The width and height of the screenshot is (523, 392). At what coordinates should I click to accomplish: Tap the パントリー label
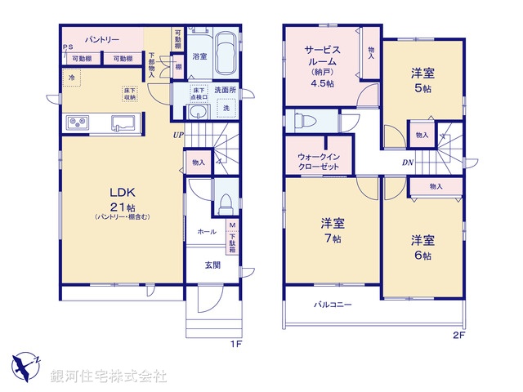[x=102, y=39]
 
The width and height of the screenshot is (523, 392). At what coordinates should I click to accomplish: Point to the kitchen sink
[x=123, y=122]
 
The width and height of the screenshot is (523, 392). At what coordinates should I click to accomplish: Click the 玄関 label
[x=212, y=265]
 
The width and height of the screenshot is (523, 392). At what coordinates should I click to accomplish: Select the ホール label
[x=207, y=232]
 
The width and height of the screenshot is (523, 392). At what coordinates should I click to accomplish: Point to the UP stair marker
[x=177, y=136]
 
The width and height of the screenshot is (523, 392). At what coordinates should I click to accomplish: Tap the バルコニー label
[x=334, y=305]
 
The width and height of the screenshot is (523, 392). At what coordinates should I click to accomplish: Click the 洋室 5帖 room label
[x=422, y=80]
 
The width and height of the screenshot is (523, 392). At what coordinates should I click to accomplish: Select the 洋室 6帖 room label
[x=422, y=247]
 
